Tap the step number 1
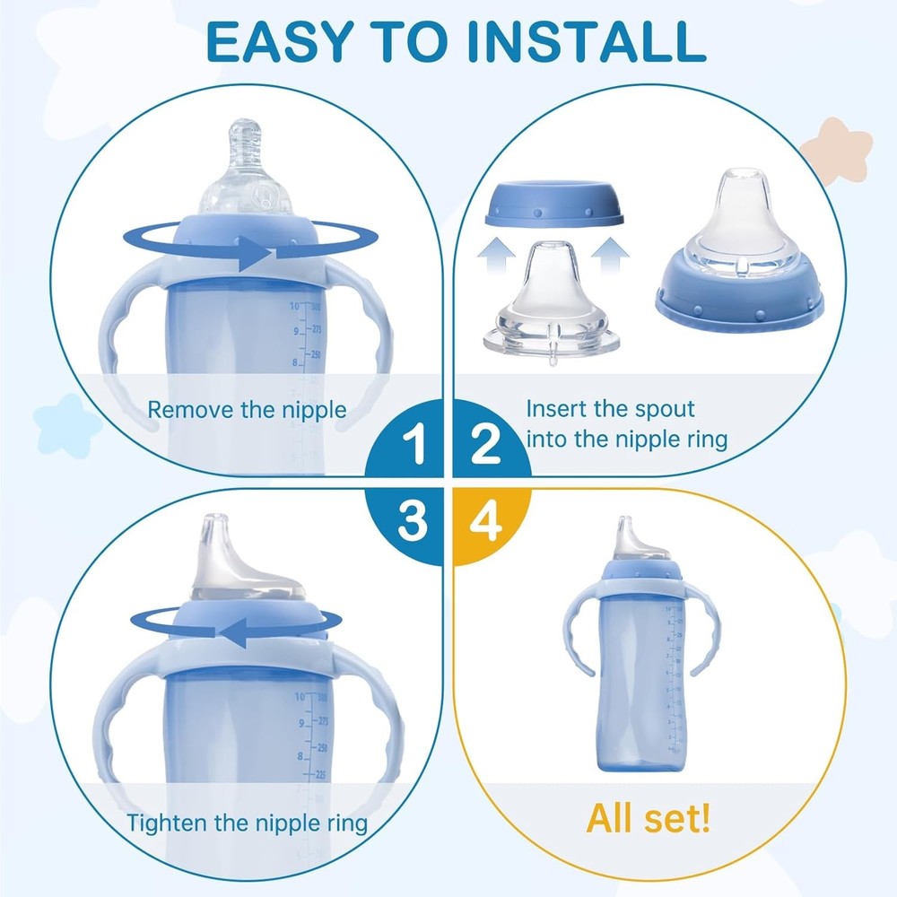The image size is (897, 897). point(414,446)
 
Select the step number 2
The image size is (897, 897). point(484,446)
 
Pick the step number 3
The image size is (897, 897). point(413,521)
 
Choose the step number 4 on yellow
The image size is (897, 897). point(484,521)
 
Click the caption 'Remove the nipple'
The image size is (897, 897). point(247,411)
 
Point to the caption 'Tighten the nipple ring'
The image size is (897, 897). point(247,823)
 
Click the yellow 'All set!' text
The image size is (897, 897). point(649,817)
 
